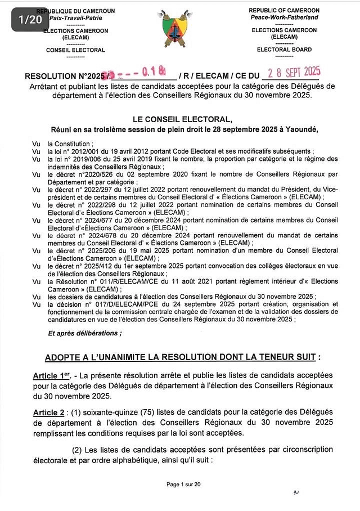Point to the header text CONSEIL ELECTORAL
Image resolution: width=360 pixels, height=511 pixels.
pos(75,50)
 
